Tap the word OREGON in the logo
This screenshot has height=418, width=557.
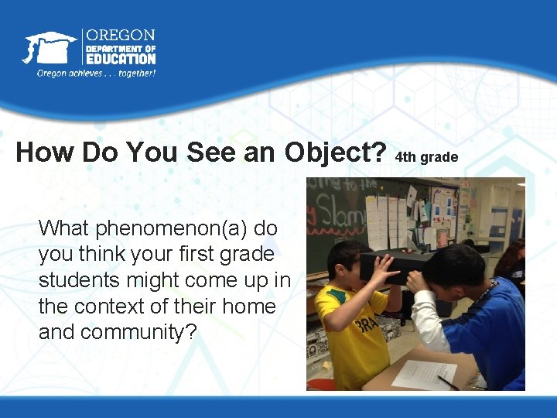click(x=120, y=36)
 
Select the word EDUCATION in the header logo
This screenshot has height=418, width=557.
click(x=120, y=58)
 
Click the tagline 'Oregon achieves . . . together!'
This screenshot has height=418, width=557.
click(x=96, y=74)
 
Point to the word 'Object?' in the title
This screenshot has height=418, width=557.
click(x=336, y=152)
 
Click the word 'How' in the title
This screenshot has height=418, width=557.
click(x=43, y=152)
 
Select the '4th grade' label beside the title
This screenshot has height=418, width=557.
click(x=426, y=157)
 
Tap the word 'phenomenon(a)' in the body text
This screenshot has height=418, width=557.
click(x=176, y=228)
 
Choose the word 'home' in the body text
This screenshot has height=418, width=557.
click(x=248, y=306)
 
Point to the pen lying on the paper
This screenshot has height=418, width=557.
click(x=448, y=382)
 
